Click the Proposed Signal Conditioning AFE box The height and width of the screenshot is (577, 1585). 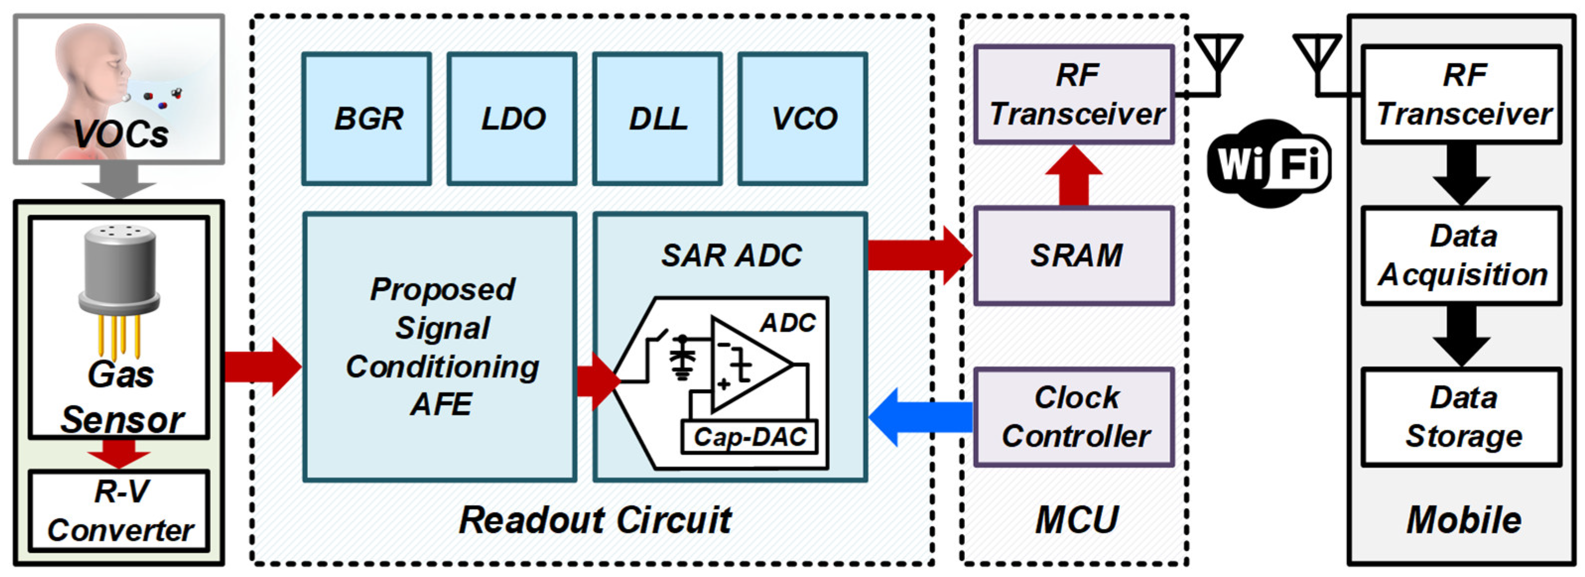[441, 346]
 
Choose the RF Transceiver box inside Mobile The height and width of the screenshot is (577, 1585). [1462, 94]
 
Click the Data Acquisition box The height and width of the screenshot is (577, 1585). [1462, 255]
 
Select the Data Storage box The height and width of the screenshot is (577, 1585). [1462, 417]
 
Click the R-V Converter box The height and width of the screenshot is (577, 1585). [120, 511]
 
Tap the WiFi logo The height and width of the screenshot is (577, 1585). [1268, 164]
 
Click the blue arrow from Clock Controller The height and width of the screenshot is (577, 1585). [920, 416]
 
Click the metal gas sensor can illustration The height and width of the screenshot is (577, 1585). [120, 271]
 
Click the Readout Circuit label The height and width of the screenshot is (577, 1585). [594, 520]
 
